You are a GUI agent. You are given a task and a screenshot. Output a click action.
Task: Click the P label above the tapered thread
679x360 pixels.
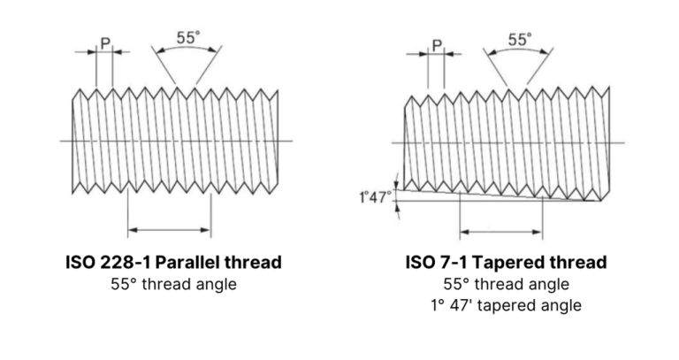click(x=437, y=46)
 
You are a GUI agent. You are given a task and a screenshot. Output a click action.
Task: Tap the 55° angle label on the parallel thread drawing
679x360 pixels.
click(x=187, y=38)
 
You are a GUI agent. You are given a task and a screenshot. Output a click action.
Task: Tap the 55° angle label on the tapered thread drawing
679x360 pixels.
click(x=521, y=40)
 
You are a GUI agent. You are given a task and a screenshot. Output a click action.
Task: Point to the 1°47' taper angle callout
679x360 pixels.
click(x=375, y=196)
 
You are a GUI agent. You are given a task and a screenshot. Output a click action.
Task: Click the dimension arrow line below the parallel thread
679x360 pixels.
click(x=170, y=231)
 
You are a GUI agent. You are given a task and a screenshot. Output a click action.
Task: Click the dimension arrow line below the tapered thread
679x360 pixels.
click(x=500, y=233)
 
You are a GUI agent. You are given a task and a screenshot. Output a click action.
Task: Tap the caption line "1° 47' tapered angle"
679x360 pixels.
click(x=507, y=306)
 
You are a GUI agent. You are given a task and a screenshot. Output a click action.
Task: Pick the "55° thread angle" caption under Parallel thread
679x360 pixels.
click(x=173, y=284)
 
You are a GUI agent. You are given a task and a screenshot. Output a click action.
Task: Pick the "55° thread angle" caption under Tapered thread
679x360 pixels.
click(x=507, y=284)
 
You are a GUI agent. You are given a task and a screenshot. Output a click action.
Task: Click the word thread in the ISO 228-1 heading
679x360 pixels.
click(x=258, y=262)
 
